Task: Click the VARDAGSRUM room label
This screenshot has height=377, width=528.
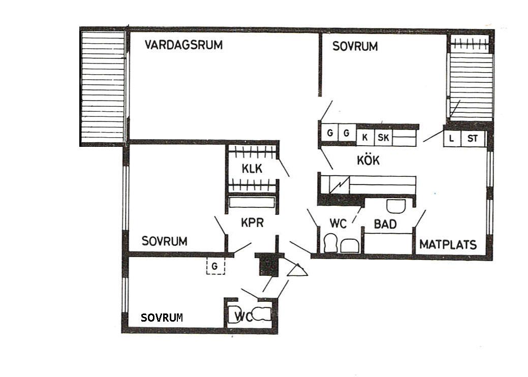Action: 183,45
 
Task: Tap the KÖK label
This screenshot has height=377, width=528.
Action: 368,160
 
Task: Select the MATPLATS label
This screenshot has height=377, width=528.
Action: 448,244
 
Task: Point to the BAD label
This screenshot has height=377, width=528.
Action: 385,224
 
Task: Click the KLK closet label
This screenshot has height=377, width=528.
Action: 252,169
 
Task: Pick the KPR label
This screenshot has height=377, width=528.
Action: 252,223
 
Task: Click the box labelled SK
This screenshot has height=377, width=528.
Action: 383,138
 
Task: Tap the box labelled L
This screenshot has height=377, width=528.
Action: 452,138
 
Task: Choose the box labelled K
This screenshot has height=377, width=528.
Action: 365,138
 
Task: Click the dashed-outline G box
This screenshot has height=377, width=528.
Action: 215,266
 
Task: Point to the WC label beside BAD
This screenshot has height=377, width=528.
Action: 338,224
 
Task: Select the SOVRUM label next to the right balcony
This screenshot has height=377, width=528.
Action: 355,46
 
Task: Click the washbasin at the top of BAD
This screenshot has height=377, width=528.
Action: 396,206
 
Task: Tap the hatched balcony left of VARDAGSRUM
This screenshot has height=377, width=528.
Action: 103,86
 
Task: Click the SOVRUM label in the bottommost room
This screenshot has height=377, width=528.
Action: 162,318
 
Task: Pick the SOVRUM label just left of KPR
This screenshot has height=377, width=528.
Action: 164,241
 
